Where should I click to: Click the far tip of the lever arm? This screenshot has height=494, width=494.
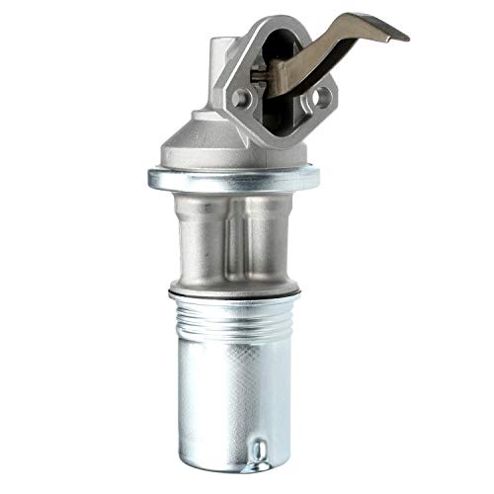pos(402,34)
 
